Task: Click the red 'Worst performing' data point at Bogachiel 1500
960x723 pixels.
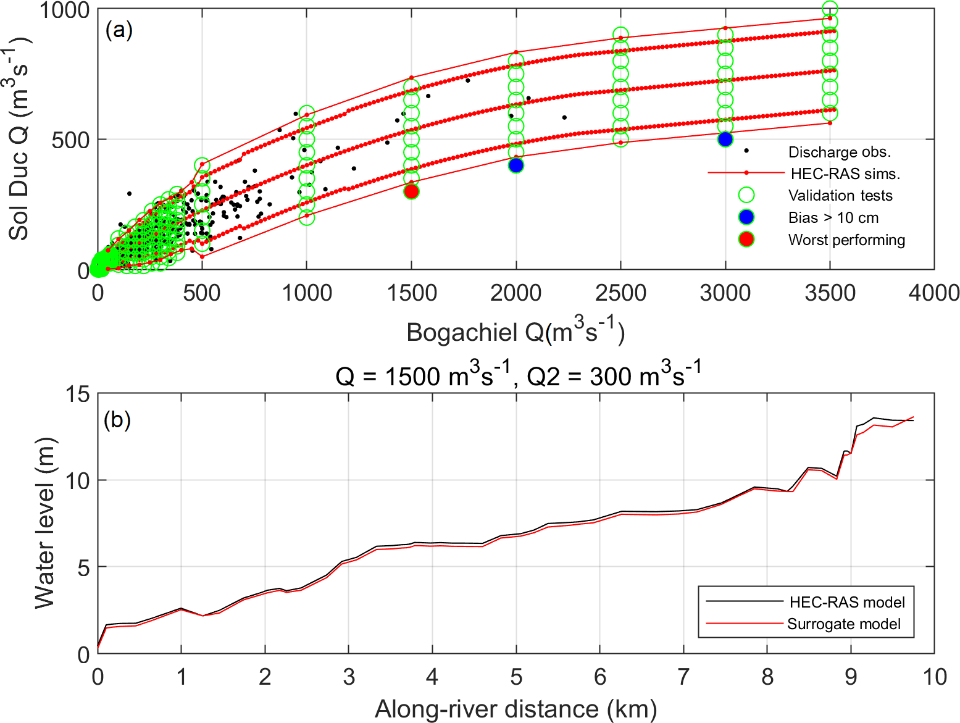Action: click(411, 191)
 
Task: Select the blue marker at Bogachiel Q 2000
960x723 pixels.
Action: click(516, 165)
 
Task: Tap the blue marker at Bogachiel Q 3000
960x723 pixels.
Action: click(725, 140)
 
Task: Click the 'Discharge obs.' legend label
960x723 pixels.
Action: click(839, 152)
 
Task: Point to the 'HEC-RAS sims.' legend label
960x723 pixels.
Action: click(845, 173)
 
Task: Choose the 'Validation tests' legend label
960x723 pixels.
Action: click(840, 196)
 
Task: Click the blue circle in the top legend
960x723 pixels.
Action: click(746, 217)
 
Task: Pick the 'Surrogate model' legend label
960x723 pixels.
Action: click(843, 624)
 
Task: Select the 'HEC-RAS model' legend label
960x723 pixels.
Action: click(847, 602)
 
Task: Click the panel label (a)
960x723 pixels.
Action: click(119, 30)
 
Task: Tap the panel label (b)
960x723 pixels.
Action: click(117, 420)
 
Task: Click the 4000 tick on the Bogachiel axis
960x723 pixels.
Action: click(933, 293)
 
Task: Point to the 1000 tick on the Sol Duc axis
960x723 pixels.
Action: click(64, 10)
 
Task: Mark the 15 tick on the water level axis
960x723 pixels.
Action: click(77, 394)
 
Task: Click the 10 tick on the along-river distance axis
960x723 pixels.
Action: click(934, 677)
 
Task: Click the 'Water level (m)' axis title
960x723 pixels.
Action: click(44, 523)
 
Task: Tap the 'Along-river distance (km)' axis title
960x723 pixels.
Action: click(515, 709)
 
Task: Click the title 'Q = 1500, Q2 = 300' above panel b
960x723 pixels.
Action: click(519, 375)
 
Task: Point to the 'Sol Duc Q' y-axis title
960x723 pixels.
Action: click(19, 139)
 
